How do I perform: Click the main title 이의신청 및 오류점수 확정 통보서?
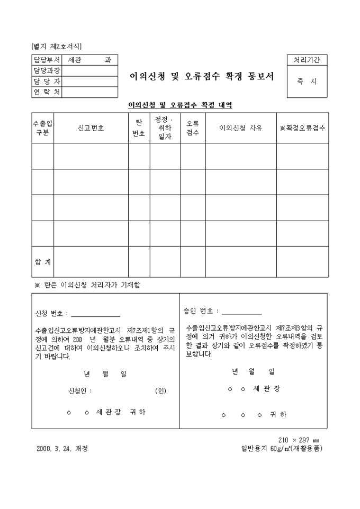click(202, 76)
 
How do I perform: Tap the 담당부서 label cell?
click(47, 60)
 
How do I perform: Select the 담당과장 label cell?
click(47, 71)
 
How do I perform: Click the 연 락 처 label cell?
click(47, 92)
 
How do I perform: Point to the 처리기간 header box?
click(307, 60)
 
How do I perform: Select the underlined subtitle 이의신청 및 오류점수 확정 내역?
click(180, 105)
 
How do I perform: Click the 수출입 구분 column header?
click(43, 128)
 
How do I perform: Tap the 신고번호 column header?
click(91, 128)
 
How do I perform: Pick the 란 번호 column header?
click(139, 128)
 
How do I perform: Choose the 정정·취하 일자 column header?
click(165, 128)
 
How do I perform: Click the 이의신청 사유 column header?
click(241, 128)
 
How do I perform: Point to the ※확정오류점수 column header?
click(302, 128)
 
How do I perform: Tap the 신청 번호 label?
click(51, 313)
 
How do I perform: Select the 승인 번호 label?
click(200, 311)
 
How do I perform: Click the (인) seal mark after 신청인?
click(160, 391)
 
